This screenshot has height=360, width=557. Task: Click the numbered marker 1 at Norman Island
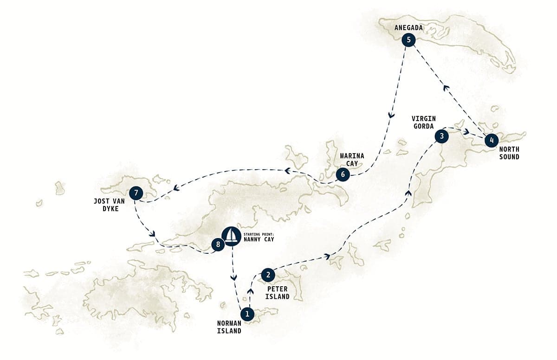click(x=247, y=314)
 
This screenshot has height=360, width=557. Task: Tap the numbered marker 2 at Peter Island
click(x=268, y=275)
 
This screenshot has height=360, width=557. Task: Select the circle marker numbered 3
click(x=441, y=136)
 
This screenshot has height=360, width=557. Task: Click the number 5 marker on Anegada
click(x=408, y=40)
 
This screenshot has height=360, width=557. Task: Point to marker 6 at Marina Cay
click(x=342, y=175)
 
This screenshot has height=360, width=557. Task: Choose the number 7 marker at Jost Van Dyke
click(x=135, y=193)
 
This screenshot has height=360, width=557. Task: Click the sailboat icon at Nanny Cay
click(x=231, y=236)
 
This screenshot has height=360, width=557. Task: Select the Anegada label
click(x=408, y=28)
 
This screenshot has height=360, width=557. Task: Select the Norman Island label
click(x=229, y=327)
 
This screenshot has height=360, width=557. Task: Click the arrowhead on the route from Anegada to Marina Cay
click(x=392, y=116)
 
